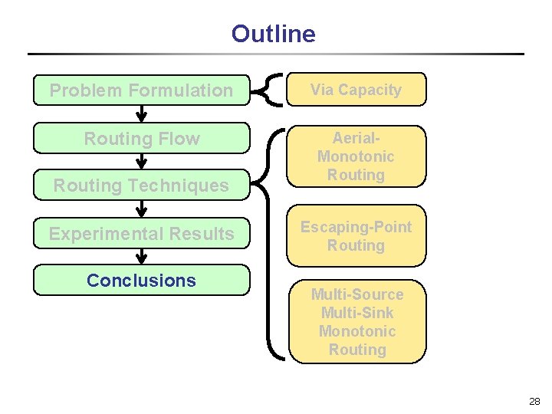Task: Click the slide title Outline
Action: [x=273, y=34]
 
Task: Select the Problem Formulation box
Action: [x=142, y=90]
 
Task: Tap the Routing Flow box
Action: [x=142, y=138]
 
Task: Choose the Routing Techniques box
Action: [x=142, y=186]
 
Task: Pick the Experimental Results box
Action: [x=142, y=233]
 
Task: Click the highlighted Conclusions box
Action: [x=142, y=281]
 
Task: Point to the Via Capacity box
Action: [x=356, y=90]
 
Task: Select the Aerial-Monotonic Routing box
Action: [x=356, y=156]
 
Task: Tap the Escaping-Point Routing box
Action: [x=356, y=236]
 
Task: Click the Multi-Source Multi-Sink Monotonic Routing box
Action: [x=357, y=322]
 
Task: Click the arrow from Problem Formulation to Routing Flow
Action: [x=142, y=113]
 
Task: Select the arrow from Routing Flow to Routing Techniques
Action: [x=142, y=161]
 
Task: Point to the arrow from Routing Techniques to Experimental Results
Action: [x=142, y=209]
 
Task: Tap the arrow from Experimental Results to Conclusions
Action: [x=142, y=257]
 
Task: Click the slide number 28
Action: [x=534, y=401]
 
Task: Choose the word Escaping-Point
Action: [x=356, y=228]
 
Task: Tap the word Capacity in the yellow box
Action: [x=370, y=90]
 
